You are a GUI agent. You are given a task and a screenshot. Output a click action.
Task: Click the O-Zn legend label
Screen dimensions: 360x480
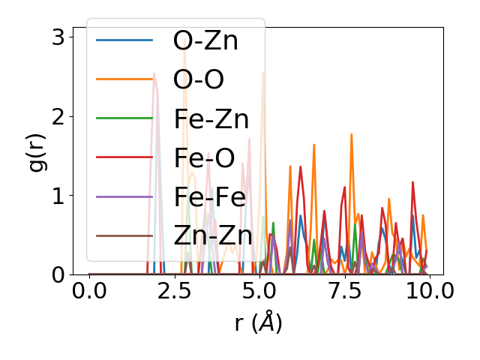pyautogui.click(x=205, y=40)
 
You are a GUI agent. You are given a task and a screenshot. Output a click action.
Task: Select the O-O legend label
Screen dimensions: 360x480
pyautogui.click(x=198, y=79)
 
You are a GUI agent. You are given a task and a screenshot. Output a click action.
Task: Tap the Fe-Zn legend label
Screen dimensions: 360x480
pyautogui.click(x=211, y=118)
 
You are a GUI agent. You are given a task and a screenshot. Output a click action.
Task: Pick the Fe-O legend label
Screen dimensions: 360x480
pyautogui.click(x=203, y=157)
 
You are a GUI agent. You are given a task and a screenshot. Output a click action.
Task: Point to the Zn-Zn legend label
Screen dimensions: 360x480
pyautogui.click(x=212, y=235)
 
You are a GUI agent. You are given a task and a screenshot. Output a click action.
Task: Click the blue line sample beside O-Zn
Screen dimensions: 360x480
pyautogui.click(x=124, y=40)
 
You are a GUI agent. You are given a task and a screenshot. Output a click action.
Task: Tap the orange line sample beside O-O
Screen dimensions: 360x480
pyautogui.click(x=124, y=79)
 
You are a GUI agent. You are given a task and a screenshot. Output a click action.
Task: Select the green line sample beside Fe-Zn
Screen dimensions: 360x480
pyautogui.click(x=124, y=118)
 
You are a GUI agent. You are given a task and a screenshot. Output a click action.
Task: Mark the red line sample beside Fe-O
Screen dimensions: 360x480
pyautogui.click(x=124, y=157)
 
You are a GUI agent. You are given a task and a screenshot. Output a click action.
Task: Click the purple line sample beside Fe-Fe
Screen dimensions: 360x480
pyautogui.click(x=124, y=196)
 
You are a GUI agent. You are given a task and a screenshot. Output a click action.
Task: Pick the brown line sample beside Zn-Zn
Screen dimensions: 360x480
pyautogui.click(x=124, y=235)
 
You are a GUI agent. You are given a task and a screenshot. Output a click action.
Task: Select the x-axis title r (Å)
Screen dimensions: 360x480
pyautogui.click(x=258, y=322)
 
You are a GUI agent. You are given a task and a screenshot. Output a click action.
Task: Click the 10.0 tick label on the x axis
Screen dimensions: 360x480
pyautogui.click(x=429, y=291)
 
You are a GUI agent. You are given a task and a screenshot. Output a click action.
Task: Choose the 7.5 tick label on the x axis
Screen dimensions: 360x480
pyautogui.click(x=344, y=291)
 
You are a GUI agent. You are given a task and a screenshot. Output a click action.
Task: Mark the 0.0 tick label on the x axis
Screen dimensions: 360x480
pyautogui.click(x=89, y=291)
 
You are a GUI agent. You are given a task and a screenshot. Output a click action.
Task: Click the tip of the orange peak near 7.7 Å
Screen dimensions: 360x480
pyautogui.click(x=351, y=134)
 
